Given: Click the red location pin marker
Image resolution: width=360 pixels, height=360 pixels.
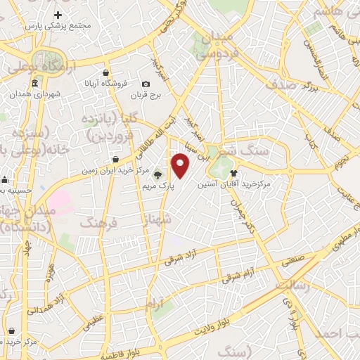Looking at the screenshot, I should tap(181, 166).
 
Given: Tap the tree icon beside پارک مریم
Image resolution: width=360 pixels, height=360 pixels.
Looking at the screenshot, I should tap(156, 176).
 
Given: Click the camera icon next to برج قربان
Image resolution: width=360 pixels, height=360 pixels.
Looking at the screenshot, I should tap(146, 84).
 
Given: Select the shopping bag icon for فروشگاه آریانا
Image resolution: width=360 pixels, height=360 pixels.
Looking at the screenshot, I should tap(105, 72).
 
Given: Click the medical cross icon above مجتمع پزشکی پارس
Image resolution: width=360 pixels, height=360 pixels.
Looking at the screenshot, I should tap(58, 14).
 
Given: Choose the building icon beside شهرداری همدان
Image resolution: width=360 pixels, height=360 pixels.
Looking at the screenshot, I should tap(15, 91).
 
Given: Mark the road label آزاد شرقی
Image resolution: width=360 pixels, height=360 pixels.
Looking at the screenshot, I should tap(184, 255).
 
